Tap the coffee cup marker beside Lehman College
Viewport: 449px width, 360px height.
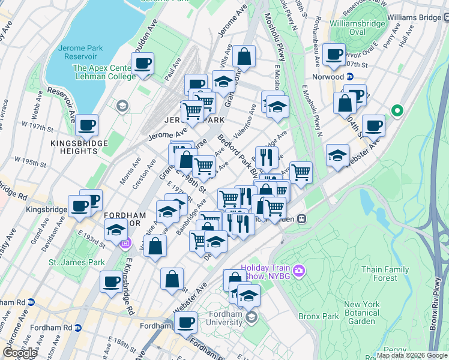[x=142, y=64]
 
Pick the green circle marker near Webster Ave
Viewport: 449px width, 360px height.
[x=396, y=110]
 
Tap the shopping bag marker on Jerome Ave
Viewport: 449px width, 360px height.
[x=244, y=57]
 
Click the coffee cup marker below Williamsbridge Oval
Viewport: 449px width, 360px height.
[x=334, y=55]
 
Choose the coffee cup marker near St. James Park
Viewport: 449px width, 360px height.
[x=111, y=282]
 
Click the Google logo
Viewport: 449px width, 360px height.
[x=20, y=353]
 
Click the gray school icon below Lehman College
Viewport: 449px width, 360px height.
[x=122, y=106]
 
